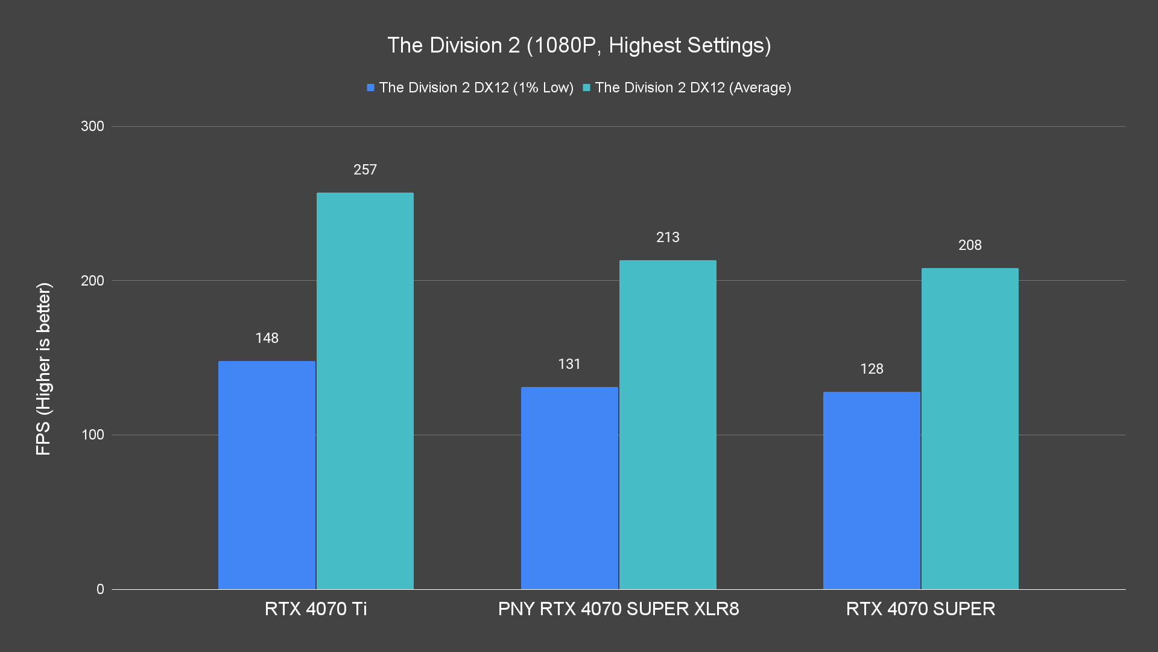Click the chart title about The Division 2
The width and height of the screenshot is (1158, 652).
click(579, 45)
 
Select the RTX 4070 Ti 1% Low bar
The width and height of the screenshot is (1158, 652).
click(267, 475)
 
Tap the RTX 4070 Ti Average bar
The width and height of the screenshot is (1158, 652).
click(365, 391)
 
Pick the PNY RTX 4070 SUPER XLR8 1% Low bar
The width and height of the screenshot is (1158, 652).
click(569, 488)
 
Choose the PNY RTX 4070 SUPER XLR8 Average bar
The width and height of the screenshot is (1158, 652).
click(668, 424)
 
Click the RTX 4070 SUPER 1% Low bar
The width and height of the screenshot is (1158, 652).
click(872, 490)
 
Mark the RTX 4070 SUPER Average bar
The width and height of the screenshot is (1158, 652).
click(970, 429)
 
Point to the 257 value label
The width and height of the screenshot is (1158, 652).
click(365, 170)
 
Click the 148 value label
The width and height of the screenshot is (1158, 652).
click(267, 338)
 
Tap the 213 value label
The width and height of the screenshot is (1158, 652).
click(668, 237)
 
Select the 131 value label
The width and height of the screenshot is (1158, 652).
click(569, 364)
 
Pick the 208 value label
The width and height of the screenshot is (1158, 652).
click(970, 245)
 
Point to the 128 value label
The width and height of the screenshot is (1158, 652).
click(872, 369)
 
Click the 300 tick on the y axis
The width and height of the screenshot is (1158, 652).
click(92, 126)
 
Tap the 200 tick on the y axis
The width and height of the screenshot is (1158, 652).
click(92, 281)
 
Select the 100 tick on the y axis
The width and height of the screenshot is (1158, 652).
click(92, 435)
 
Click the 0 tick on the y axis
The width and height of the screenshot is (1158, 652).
click(100, 589)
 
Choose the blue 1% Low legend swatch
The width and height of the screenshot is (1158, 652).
click(371, 88)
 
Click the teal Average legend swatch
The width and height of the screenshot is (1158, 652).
click(586, 88)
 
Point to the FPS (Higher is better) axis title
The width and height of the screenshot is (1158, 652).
click(43, 368)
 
